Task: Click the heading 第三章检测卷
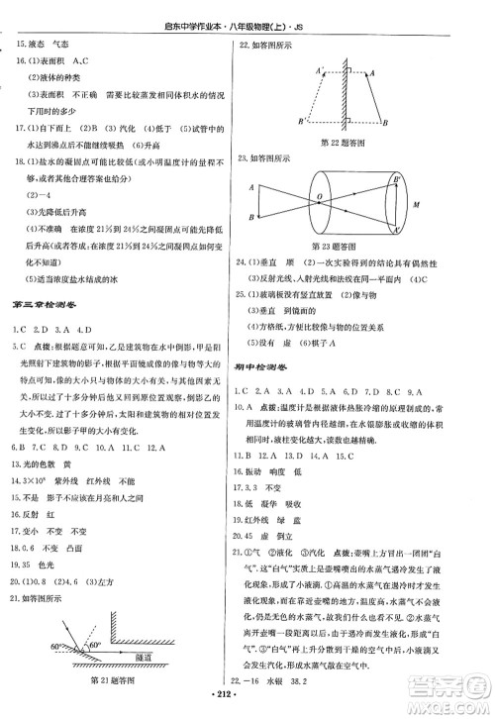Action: pyautogui.click(x=46, y=304)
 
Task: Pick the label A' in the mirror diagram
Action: pyautogui.click(x=317, y=69)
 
